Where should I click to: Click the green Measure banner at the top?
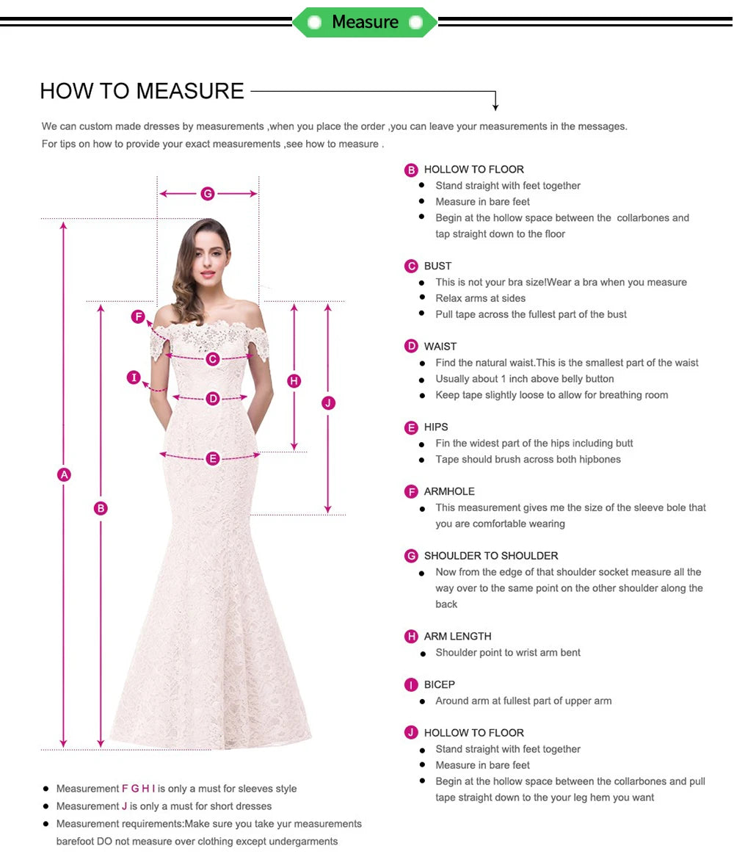[x=365, y=22]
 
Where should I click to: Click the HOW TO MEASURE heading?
[x=142, y=91]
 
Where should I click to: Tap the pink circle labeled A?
[x=64, y=474]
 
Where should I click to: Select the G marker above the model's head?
[x=208, y=194]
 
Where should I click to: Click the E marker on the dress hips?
[x=213, y=459]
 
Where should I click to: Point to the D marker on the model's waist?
[x=213, y=399]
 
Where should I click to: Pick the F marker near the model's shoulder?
[x=138, y=317]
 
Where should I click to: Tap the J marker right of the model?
[x=328, y=402]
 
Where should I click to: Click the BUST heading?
[x=437, y=266]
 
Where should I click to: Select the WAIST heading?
[x=440, y=346]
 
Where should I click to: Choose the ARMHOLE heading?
[x=449, y=491]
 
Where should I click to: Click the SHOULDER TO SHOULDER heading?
[x=490, y=556]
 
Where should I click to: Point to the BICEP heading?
[x=439, y=684]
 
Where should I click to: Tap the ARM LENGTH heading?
[x=457, y=636]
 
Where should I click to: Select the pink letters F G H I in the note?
[x=139, y=789]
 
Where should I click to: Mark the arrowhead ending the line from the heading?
[x=496, y=107]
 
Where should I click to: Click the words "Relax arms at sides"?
[x=480, y=298]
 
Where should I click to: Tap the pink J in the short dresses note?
[x=125, y=806]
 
